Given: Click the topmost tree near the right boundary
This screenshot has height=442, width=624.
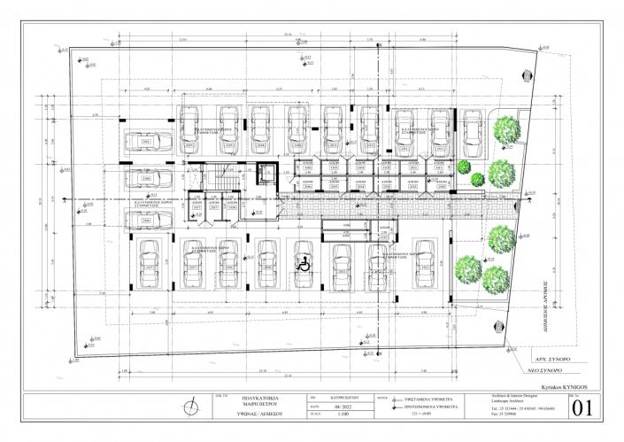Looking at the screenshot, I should coord(507,128).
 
